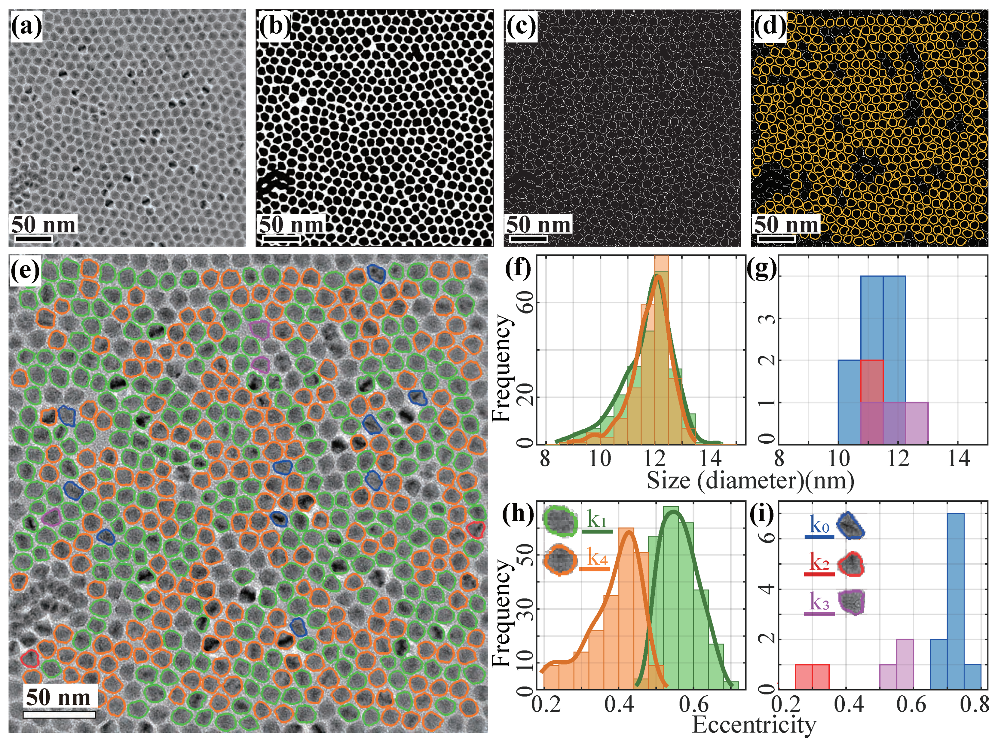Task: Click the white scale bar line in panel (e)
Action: [x=59, y=715]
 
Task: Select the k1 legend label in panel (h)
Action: [x=597, y=519]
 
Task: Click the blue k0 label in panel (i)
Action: [x=819, y=526]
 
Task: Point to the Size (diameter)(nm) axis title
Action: [x=750, y=481]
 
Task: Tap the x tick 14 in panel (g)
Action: [x=958, y=459]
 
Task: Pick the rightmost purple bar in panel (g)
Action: [x=916, y=423]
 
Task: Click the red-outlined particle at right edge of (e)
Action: [x=475, y=529]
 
